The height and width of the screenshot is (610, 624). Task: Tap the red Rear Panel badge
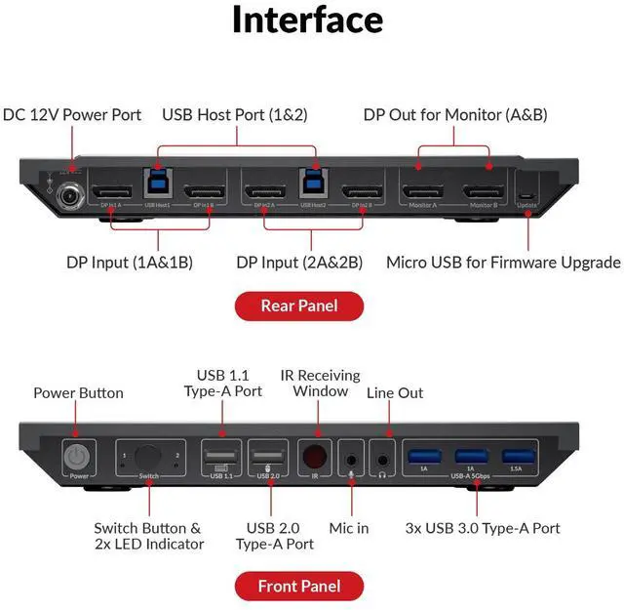pyautogui.click(x=299, y=305)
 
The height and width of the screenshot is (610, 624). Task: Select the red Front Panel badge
pyautogui.click(x=299, y=586)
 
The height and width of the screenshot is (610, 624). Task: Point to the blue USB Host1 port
pyautogui.click(x=159, y=183)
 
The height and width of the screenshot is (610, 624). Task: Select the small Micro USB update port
pyautogui.click(x=526, y=194)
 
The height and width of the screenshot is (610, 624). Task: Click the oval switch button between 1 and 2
pyautogui.click(x=149, y=456)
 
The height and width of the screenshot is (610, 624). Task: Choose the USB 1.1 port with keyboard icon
pyautogui.click(x=219, y=456)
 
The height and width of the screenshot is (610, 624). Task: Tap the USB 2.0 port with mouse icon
pyautogui.click(x=266, y=456)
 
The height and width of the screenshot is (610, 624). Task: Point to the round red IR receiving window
pyautogui.click(x=314, y=456)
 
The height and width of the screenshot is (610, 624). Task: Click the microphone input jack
pyautogui.click(x=351, y=457)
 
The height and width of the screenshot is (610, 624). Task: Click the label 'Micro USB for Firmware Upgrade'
pyautogui.click(x=503, y=263)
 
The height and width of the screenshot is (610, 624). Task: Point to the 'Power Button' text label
pyautogui.click(x=78, y=392)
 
